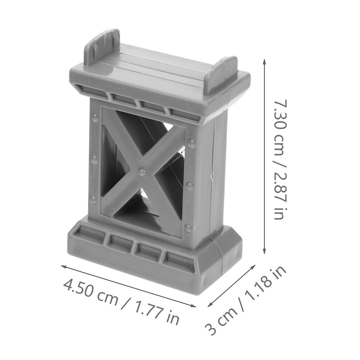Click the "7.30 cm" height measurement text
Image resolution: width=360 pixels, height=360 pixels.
pos(281,128)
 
